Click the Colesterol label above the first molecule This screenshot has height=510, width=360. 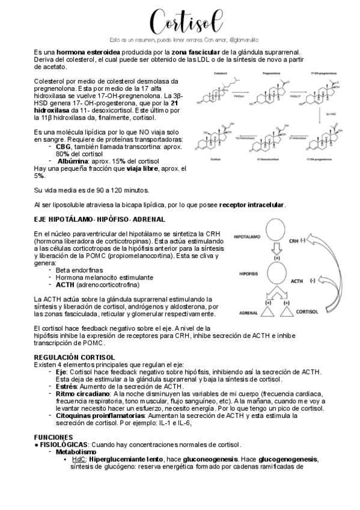pos(219,72)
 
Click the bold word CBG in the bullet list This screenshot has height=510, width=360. pos(63,146)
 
